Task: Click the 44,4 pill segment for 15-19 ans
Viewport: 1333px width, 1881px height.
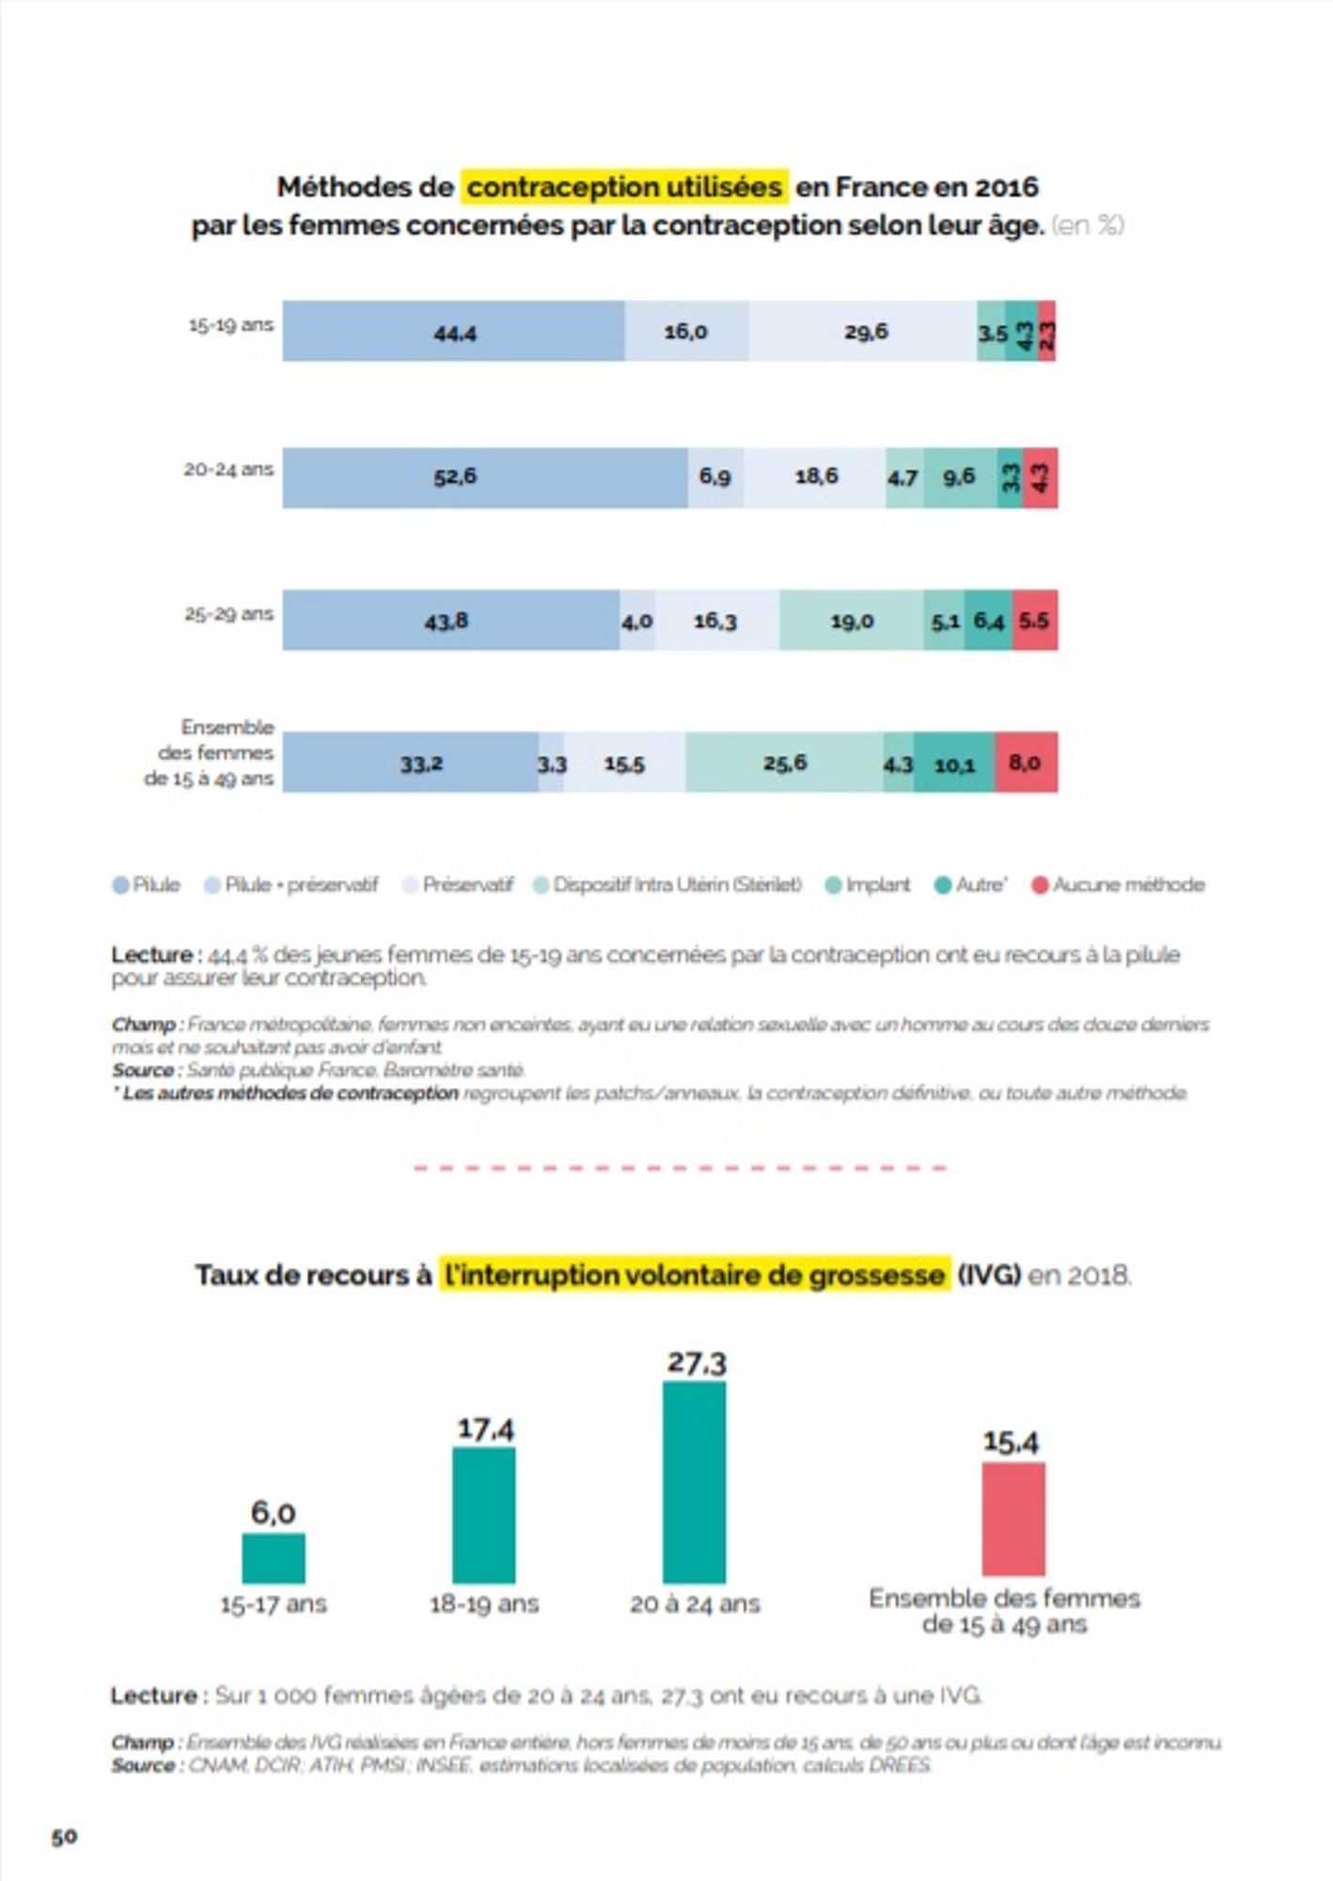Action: click(453, 331)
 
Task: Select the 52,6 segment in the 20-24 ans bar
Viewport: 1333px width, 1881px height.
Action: click(484, 477)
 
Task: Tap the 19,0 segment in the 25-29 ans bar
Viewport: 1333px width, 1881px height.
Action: click(851, 621)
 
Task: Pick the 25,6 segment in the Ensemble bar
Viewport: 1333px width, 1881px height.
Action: click(784, 763)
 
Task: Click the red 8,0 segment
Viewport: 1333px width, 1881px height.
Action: click(1026, 763)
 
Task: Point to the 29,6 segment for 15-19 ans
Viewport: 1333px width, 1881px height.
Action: click(863, 331)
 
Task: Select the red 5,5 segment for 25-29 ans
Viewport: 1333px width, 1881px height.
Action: click(1034, 621)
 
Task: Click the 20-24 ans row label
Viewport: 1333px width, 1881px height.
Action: click(228, 468)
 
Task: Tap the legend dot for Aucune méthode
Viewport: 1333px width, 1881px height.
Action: click(1040, 885)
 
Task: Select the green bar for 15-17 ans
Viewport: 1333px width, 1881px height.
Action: click(274, 1558)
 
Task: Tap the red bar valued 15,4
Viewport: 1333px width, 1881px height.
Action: click(1013, 1518)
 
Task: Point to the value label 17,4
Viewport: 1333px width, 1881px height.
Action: click(485, 1429)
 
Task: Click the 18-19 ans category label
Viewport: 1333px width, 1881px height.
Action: click(484, 1604)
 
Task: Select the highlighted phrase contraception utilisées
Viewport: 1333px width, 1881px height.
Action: click(624, 187)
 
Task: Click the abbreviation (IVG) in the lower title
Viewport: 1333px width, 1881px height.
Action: click(989, 1275)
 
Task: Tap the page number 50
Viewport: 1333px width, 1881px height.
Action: click(64, 1836)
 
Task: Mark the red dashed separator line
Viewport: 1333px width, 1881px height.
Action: click(680, 1168)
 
